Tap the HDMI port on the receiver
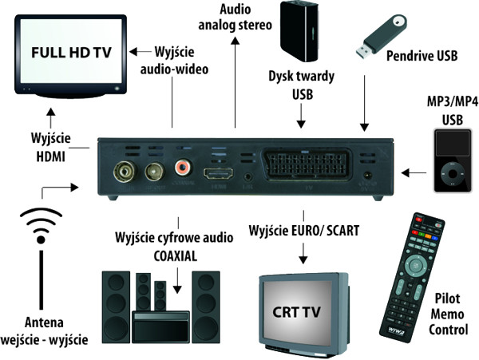pos(216,176)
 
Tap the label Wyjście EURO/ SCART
pos(304,231)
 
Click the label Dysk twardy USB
pos(301,87)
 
